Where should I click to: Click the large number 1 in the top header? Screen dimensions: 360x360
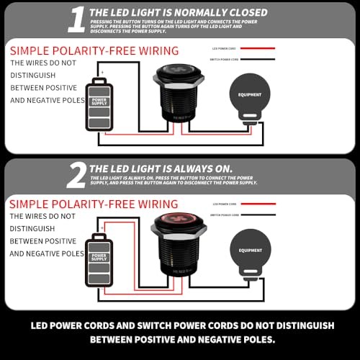tap(76, 19)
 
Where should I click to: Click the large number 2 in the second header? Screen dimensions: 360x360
tap(76, 174)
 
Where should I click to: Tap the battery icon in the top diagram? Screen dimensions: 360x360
tap(99, 104)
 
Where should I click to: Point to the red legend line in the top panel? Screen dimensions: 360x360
tap(257, 48)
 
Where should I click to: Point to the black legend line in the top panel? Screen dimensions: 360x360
tap(257, 59)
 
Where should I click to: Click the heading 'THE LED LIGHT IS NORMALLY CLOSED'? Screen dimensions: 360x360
tap(178, 12)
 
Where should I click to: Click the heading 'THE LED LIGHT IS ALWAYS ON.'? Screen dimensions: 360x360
tap(161, 168)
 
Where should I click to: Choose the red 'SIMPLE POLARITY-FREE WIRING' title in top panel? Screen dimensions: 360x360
tap(94, 50)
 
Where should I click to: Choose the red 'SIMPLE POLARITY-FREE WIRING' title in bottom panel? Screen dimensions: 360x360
tap(94, 205)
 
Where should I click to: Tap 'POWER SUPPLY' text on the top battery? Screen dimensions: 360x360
tap(99, 102)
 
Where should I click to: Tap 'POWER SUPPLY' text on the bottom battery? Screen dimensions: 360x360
tap(99, 257)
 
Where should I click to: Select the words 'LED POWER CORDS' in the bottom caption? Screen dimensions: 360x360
tap(81, 325)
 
